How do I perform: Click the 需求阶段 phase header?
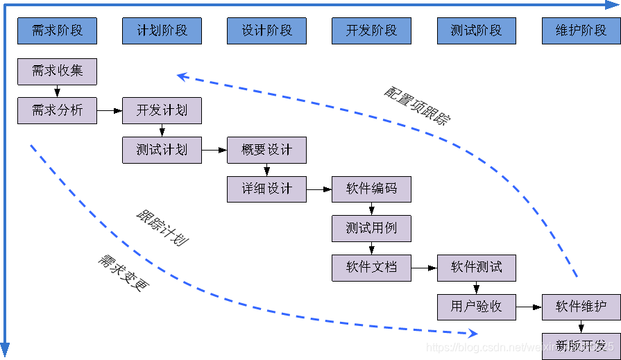tap(57, 31)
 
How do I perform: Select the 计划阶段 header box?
tap(162, 31)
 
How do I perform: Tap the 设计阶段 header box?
tap(266, 31)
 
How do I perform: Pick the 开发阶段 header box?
tap(371, 31)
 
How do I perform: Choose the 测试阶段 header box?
tap(476, 31)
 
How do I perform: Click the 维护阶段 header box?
tap(581, 31)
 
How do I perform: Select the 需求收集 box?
tap(57, 71)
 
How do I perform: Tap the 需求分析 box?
tap(57, 110)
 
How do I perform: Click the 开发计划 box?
tap(162, 110)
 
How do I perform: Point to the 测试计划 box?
tap(162, 150)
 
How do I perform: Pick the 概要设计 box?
tap(266, 150)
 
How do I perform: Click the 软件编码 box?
tap(371, 189)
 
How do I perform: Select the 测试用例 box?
tap(371, 228)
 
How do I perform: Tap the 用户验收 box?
tap(476, 307)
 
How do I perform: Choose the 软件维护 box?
tap(581, 307)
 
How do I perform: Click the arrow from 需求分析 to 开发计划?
tap(110, 110)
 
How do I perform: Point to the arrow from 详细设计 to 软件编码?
tap(319, 189)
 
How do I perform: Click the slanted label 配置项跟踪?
tap(417, 106)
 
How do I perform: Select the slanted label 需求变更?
tap(124, 272)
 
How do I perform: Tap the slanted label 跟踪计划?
tap(162, 228)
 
